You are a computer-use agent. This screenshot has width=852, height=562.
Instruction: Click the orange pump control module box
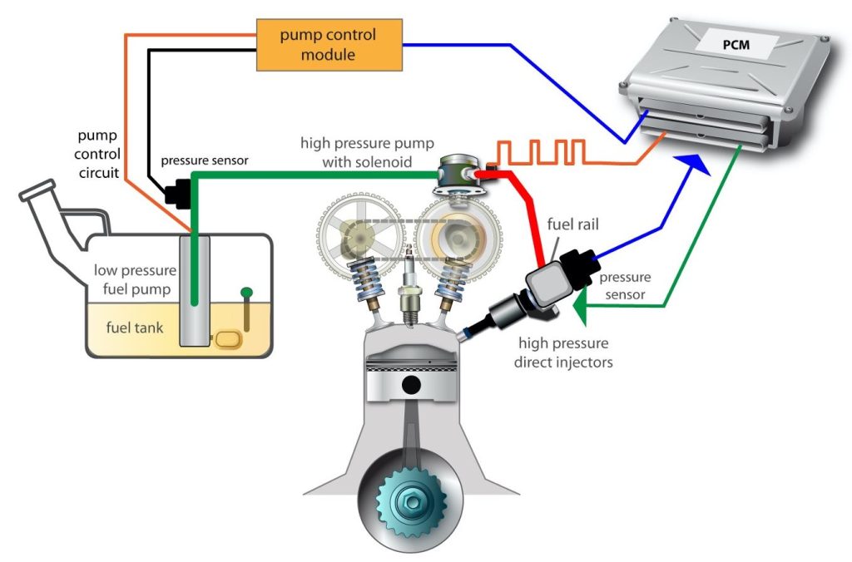[329, 45]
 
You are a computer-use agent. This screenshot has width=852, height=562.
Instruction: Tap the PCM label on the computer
[736, 44]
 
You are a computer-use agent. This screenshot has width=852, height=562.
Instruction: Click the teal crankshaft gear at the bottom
[411, 502]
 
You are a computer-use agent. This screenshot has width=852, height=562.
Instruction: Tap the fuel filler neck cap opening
[37, 190]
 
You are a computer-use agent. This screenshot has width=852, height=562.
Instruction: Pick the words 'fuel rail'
[572, 224]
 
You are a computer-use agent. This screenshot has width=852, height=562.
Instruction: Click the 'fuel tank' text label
[135, 328]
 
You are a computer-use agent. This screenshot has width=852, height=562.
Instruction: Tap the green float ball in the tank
[246, 293]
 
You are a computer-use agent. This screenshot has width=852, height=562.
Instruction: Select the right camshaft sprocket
[458, 238]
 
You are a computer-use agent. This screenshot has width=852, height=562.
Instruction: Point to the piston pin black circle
[411, 385]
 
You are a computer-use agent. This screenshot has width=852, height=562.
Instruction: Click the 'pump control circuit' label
[97, 154]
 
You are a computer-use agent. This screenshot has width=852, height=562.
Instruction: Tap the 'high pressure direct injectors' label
[563, 352]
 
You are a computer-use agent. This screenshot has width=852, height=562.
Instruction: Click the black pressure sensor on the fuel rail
[579, 267]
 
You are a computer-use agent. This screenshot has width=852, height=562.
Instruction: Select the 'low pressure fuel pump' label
[136, 279]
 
